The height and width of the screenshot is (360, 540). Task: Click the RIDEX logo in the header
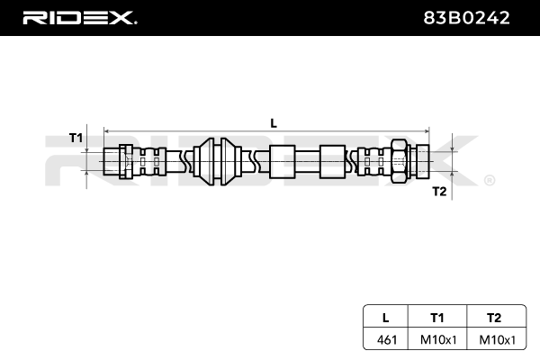(78, 17)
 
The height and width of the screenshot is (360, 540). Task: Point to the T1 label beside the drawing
(76, 138)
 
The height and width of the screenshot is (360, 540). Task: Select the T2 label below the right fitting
(438, 190)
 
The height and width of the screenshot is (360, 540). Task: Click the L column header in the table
(385, 317)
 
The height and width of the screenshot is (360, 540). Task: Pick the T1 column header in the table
(436, 317)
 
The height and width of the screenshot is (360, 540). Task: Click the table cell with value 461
(385, 341)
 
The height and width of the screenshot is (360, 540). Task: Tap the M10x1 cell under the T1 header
(436, 341)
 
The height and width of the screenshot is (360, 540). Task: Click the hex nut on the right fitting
(399, 161)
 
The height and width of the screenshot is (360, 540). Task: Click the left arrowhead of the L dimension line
(109, 129)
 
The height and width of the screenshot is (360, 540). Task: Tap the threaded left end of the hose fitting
(114, 161)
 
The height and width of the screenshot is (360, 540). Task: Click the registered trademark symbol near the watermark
(489, 181)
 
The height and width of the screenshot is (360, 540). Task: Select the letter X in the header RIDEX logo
(123, 17)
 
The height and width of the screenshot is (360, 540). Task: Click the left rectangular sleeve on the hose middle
(283, 161)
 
